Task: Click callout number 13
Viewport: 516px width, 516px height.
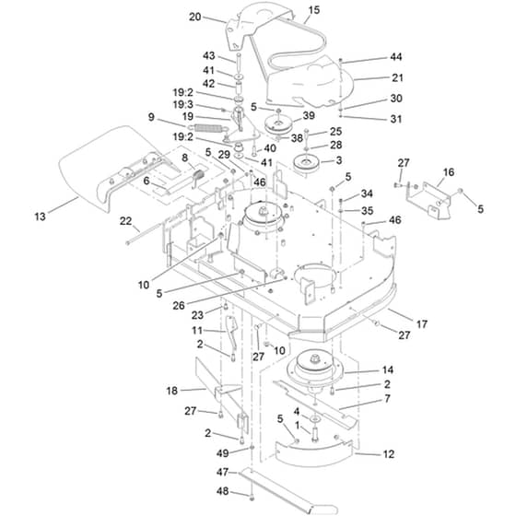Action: point(41,217)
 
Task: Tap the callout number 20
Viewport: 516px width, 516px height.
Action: point(194,17)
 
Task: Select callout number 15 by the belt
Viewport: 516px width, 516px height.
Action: point(314,10)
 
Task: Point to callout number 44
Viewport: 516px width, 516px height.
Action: point(396,57)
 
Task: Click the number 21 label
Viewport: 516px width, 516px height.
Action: point(397,77)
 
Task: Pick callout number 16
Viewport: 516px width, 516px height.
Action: point(449,171)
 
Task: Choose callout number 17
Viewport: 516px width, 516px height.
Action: point(422,323)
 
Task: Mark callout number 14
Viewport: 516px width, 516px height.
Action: point(388,369)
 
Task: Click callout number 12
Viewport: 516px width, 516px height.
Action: point(389,454)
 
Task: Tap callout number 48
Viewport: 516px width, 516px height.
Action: point(222,491)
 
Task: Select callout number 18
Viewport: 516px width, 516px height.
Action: point(172,391)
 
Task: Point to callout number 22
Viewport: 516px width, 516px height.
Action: point(125,221)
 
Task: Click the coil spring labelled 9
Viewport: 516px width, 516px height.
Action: point(208,128)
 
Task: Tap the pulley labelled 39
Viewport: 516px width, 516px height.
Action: point(277,124)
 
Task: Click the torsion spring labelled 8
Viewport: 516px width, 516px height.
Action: point(199,178)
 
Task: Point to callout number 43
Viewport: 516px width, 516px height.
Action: point(208,55)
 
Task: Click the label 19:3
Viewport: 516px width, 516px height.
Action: point(183,105)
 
